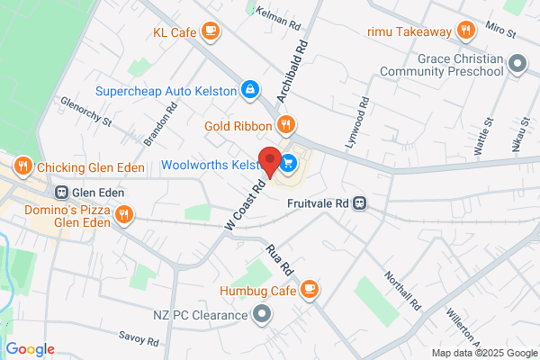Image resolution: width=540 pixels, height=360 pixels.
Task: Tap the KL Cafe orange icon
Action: point(210,32)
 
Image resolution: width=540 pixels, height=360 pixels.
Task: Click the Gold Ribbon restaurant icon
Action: point(285,124)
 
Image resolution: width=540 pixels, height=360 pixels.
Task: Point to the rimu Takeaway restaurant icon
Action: point(465,31)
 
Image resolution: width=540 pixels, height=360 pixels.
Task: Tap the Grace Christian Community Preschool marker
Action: point(517,63)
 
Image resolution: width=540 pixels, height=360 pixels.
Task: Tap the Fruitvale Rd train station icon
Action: point(359,202)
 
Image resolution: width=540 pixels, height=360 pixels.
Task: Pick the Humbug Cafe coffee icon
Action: point(309,289)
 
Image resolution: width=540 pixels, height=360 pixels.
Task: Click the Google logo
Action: point(30,349)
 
